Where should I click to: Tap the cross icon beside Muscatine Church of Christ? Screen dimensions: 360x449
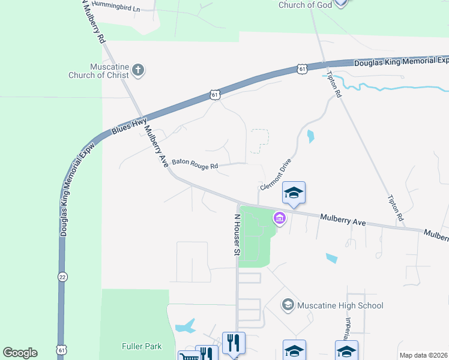coord(138,70)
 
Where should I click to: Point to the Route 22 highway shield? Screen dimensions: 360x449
coord(62,277)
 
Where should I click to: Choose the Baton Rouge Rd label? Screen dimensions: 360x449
coord(194,163)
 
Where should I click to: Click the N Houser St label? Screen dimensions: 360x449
coord(237,235)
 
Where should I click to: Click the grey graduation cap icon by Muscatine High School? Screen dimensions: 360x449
coord(288,305)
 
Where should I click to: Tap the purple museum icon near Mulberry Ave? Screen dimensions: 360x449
coord(279,218)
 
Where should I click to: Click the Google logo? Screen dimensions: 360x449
coord(20,353)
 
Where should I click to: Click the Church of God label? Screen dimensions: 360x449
coord(306,5)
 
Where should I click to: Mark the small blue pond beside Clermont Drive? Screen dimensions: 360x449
coord(310,136)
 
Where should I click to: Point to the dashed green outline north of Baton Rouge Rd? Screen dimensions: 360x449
coord(259,137)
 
